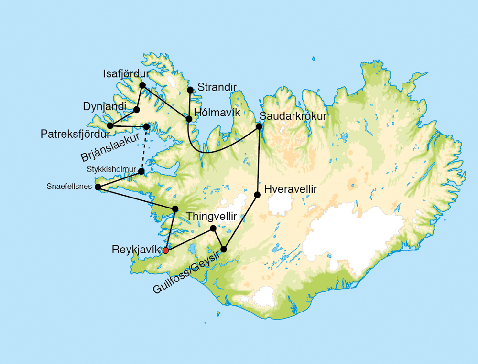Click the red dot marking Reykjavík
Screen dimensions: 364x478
tap(165, 250)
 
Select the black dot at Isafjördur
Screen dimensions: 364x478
tap(142, 85)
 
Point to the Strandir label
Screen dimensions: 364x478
tap(217, 87)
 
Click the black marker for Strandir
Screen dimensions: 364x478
tap(190, 90)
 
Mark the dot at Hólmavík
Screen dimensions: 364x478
tap(189, 119)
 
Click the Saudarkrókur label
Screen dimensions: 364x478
tap(293, 116)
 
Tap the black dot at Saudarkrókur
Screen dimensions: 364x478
tap(259, 126)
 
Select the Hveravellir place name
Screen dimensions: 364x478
tap(291, 189)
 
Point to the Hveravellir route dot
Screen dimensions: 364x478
tap(257, 195)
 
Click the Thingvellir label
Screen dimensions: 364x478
tap(212, 217)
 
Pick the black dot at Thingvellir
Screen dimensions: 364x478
tap(213, 228)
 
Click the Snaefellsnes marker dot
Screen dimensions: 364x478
tap(98, 187)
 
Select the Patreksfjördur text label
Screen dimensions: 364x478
tap(75, 134)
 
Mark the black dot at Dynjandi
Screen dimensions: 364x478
tap(137, 110)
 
